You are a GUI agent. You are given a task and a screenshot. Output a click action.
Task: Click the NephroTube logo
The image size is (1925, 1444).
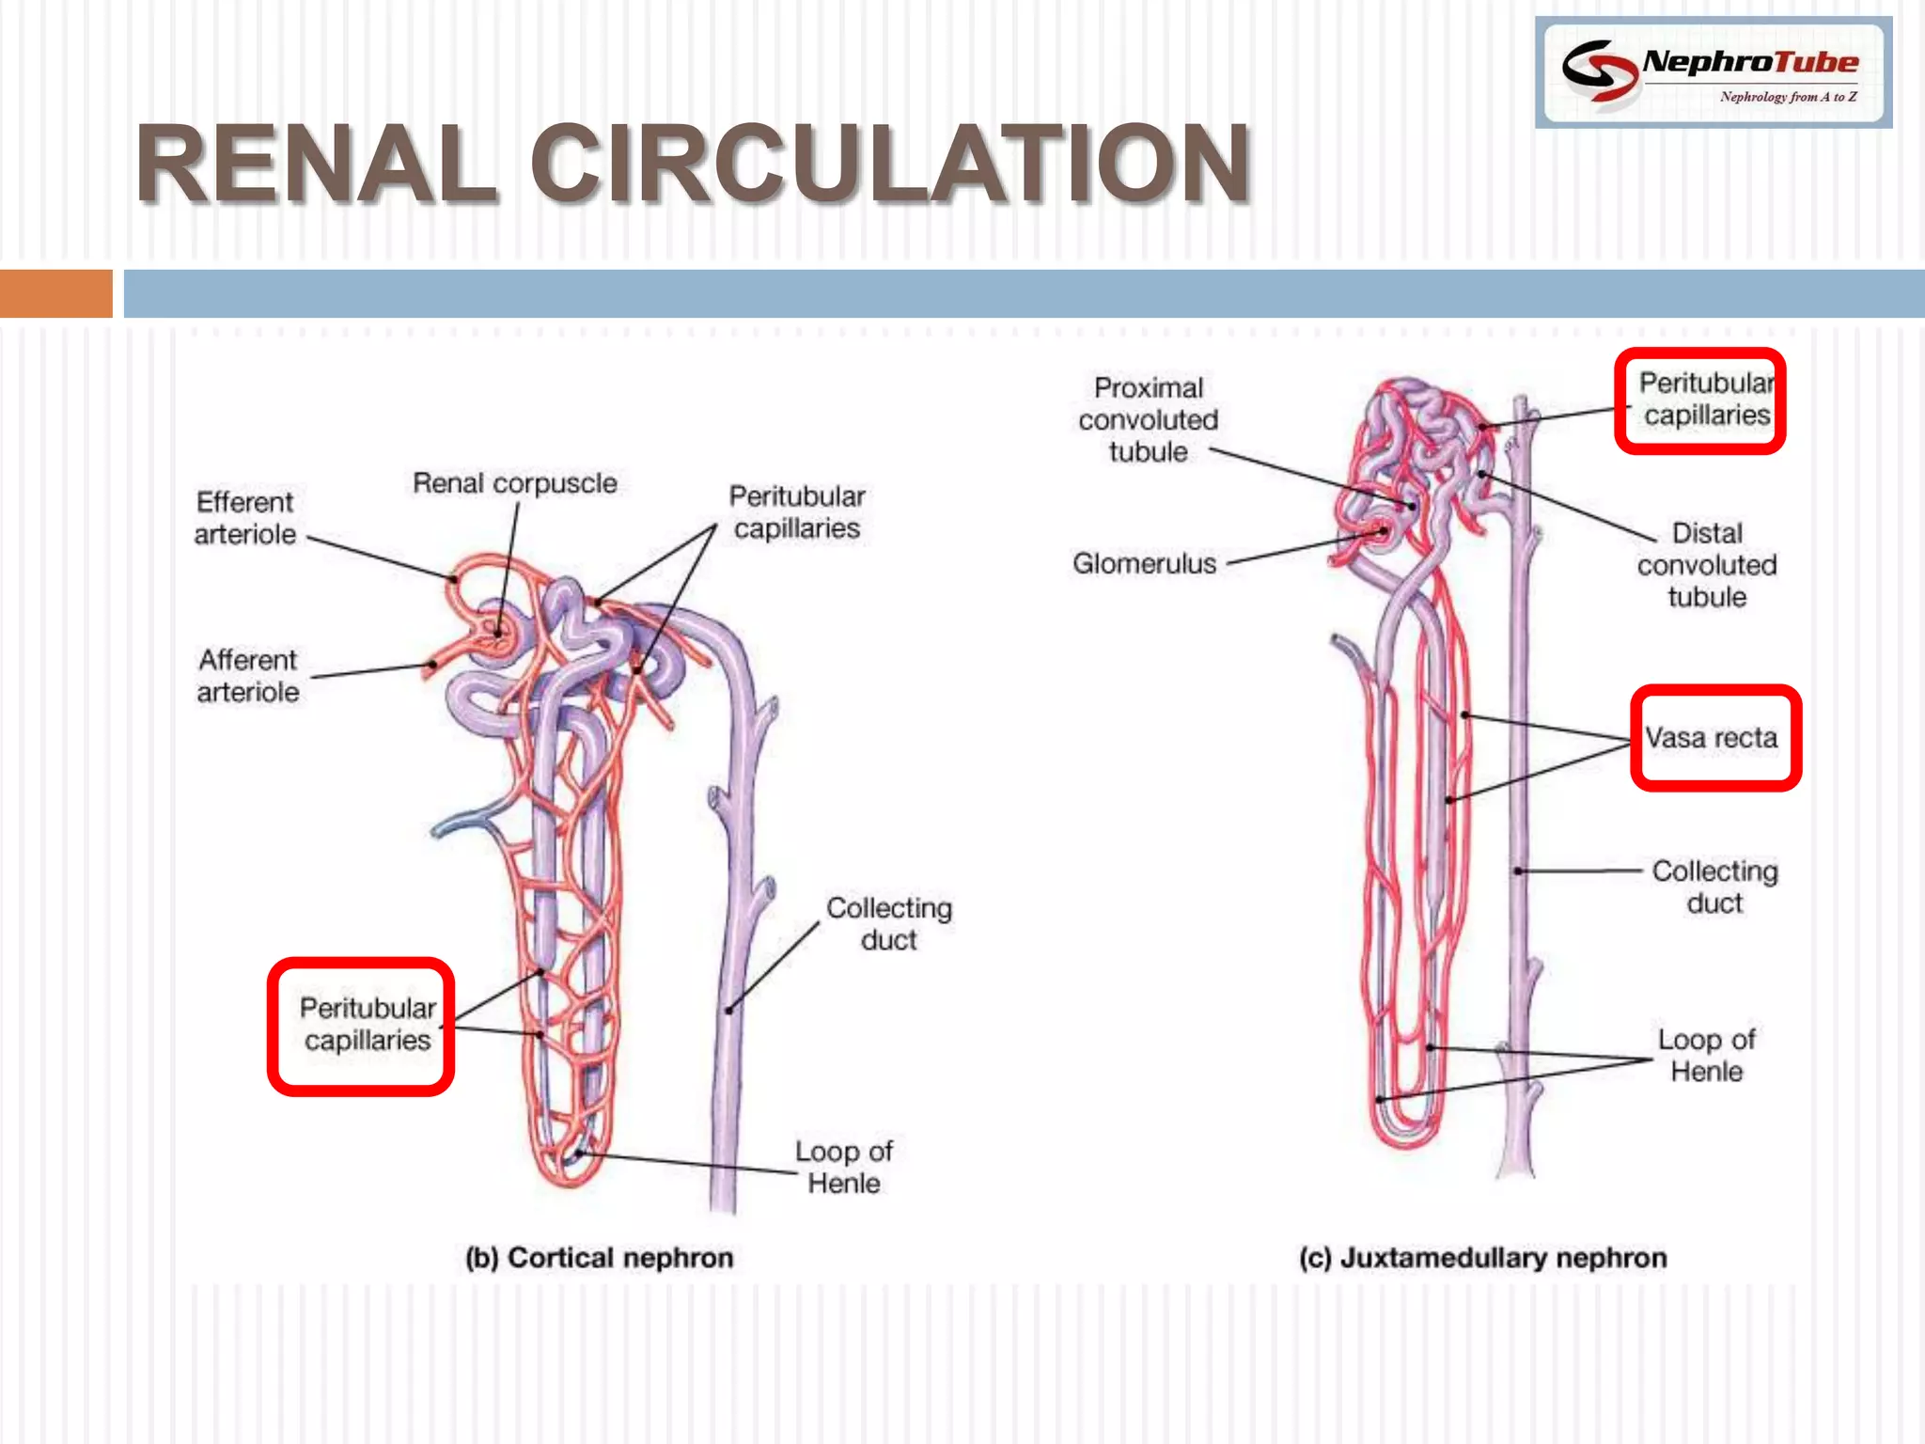[x=1713, y=72]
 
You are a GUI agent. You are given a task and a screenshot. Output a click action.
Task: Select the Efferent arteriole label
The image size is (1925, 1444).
[x=245, y=518]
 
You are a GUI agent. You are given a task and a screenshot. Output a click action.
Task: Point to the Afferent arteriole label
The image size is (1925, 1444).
[x=248, y=676]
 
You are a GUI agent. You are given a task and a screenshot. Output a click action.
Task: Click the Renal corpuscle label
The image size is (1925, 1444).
[x=515, y=483]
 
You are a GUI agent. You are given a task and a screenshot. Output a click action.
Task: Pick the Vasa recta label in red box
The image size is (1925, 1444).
[x=1712, y=738]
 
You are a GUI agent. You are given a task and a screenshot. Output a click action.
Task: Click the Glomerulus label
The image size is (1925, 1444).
[x=1144, y=563]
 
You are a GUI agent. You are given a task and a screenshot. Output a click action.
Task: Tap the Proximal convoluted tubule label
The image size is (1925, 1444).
[x=1148, y=419]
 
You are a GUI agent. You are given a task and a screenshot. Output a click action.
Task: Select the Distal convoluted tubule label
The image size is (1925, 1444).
[x=1707, y=565]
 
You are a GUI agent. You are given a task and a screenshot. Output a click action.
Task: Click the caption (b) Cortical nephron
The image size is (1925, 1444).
[x=599, y=1258]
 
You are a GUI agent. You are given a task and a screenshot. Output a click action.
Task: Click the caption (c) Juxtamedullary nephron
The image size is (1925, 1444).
[x=1482, y=1258]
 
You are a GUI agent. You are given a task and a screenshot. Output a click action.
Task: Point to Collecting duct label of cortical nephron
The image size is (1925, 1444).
[x=888, y=923]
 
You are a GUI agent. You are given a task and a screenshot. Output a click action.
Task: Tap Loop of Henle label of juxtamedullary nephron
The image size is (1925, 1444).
[x=1706, y=1055]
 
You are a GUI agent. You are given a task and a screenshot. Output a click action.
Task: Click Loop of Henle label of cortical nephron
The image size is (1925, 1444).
[x=843, y=1167]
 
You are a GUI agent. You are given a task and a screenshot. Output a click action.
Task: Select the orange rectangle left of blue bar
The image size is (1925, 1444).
[x=55, y=293]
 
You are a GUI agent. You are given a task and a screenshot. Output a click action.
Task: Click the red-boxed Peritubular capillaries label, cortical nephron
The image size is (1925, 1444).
[x=367, y=1024]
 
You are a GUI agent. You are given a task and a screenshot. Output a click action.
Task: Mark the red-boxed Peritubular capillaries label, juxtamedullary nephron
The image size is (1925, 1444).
[x=1705, y=399]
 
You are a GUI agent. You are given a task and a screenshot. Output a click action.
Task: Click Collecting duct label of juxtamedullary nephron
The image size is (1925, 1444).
[x=1714, y=887]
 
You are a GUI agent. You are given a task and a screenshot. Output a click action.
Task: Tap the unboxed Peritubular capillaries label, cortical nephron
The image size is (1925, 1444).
[x=796, y=512]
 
